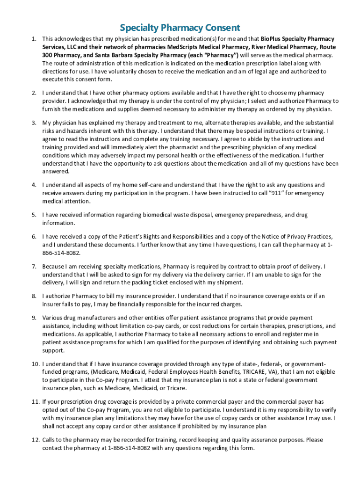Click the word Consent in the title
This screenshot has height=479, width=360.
click(218, 28)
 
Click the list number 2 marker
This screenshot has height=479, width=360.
click(34, 93)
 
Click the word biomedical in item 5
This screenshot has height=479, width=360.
click(135, 215)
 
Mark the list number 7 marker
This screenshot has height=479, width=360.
click(34, 266)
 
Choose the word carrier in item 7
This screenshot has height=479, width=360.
click(217, 275)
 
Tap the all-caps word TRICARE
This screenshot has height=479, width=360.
click(254, 372)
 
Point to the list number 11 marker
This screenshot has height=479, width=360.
click(35, 401)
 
